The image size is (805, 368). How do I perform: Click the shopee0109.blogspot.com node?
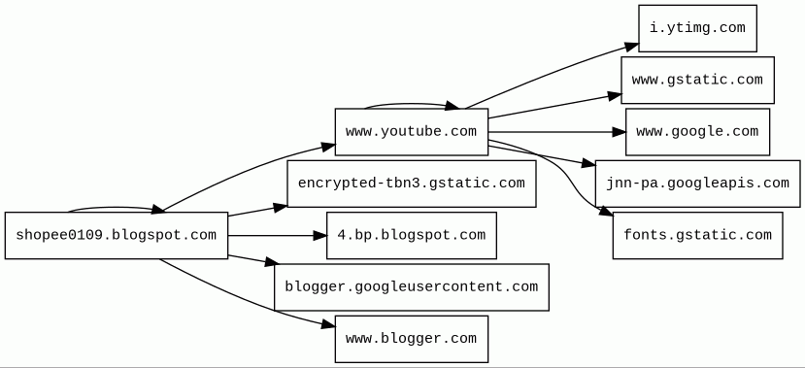point(117,236)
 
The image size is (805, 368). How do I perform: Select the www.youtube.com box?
point(411,132)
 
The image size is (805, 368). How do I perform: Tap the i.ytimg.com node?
point(698,28)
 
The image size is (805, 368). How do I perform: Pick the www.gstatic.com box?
point(698,80)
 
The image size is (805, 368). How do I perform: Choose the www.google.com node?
point(698,132)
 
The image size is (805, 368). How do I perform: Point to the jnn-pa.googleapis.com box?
point(698,184)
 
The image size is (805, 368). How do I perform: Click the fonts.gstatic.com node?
point(698,236)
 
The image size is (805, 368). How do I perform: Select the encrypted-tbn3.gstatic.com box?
point(411,184)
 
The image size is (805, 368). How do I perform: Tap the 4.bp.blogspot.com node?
point(411,236)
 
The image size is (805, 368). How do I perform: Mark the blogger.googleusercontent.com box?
point(411,287)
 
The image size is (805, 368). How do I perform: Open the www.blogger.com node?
point(411,339)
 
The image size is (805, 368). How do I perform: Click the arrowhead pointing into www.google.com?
point(620,132)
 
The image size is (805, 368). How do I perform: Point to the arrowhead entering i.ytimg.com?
point(632,47)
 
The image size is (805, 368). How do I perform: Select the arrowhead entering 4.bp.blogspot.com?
point(320,236)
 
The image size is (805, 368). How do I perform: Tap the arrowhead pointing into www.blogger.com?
point(329,325)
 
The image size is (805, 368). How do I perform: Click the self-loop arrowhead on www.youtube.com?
point(453,106)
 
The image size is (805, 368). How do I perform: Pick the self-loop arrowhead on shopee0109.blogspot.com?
point(157,210)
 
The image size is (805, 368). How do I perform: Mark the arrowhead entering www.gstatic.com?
point(615,96)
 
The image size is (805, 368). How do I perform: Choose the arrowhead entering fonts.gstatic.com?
point(606,211)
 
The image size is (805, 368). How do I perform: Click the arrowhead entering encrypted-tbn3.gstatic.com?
point(281,208)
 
